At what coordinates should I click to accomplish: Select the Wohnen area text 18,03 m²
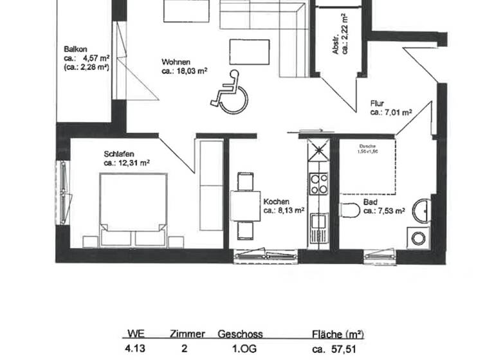184,71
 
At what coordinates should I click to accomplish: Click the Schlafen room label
118,154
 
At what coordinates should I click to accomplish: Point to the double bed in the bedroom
133,206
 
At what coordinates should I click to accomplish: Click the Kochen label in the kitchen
276,201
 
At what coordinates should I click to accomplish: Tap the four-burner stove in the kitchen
318,184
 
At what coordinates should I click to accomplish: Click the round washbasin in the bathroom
422,210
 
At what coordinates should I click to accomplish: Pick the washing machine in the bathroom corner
419,239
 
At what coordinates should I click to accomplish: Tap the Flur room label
378,103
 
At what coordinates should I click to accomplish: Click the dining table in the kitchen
245,206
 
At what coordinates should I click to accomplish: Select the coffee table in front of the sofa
249,52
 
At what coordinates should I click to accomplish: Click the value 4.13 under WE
136,350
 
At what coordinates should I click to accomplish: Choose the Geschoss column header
240,334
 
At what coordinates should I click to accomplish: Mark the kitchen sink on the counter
318,222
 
